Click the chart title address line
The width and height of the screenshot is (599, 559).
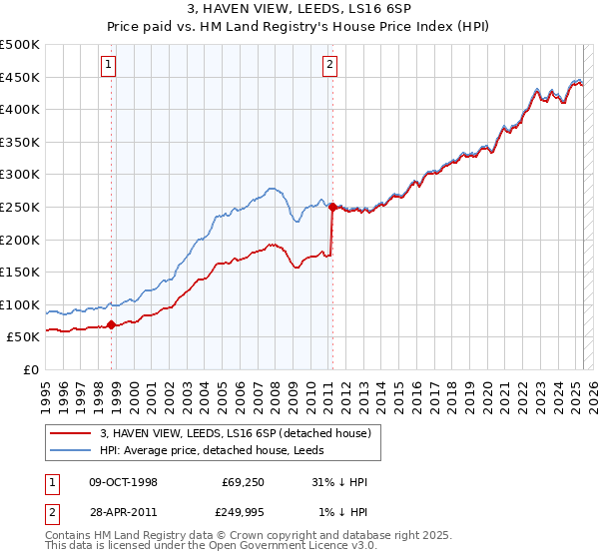[x=299, y=9]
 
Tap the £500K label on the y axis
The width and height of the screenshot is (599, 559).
[x=20, y=45]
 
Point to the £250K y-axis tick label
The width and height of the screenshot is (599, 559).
[x=20, y=207]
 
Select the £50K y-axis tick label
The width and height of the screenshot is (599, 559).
[x=24, y=337]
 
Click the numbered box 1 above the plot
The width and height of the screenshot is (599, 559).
[x=108, y=67]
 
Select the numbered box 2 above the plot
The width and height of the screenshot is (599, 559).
[x=329, y=67]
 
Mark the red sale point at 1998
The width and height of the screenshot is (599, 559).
[x=112, y=323]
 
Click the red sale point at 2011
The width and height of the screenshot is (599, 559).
[x=332, y=207]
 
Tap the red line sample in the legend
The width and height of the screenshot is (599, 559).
[x=72, y=433]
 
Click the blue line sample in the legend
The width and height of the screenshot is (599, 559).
[x=72, y=450]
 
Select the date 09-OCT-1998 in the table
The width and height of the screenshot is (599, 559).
[x=124, y=483]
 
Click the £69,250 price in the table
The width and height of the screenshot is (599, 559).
[x=241, y=483]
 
